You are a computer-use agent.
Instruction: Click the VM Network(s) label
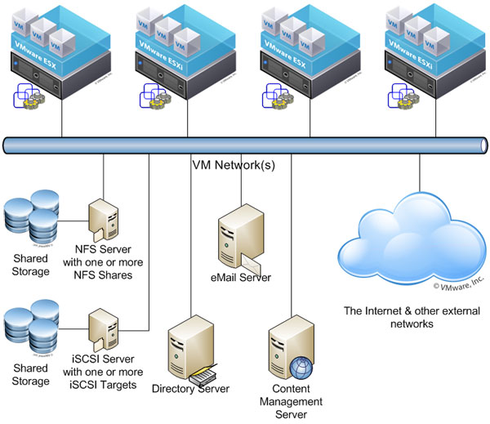click(233, 164)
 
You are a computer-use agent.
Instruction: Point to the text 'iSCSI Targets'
click(105, 385)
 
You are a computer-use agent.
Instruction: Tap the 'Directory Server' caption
click(190, 388)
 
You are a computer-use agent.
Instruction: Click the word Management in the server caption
click(291, 401)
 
